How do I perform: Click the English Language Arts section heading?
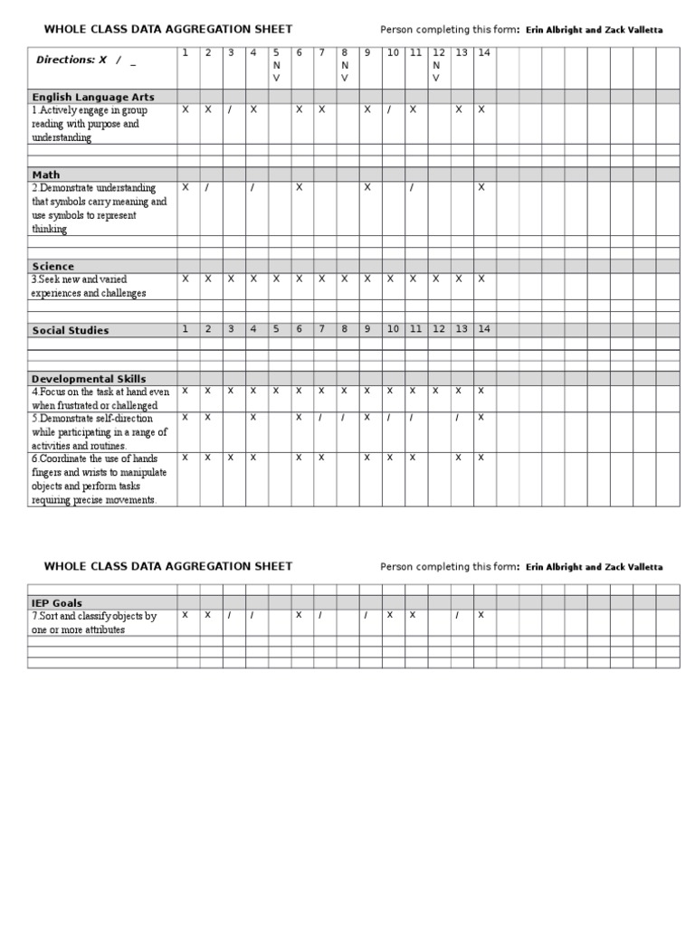[93, 97]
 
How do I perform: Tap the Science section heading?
[53, 267]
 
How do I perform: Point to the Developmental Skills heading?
[89, 379]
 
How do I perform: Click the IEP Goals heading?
[57, 602]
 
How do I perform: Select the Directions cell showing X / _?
[87, 60]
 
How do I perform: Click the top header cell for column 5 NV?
[276, 65]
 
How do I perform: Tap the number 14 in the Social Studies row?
[484, 329]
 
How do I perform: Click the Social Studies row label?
[71, 331]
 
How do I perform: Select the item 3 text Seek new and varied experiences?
[89, 287]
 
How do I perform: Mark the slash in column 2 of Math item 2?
[207, 187]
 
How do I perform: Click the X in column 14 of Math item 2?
[481, 187]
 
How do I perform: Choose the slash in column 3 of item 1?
[230, 109]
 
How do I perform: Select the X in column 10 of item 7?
[390, 615]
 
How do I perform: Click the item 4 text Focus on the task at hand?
[100, 399]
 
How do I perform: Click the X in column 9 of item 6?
[367, 458]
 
